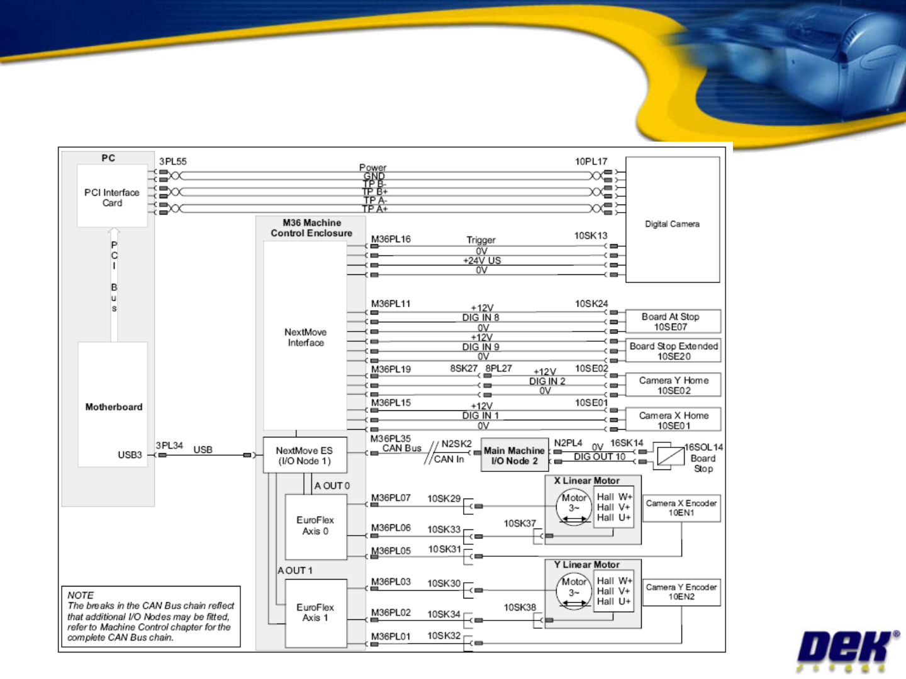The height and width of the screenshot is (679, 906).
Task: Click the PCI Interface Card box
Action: click(112, 196)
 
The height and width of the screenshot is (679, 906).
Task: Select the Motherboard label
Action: click(114, 407)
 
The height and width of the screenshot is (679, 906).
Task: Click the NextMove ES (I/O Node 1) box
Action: click(305, 456)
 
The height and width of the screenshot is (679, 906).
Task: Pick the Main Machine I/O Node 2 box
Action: click(514, 456)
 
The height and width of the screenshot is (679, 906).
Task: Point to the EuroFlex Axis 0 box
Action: click(316, 526)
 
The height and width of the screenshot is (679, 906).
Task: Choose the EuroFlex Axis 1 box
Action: click(316, 613)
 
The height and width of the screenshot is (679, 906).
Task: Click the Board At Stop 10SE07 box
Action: click(673, 322)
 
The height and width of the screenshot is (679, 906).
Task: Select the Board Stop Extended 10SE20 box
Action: click(673, 351)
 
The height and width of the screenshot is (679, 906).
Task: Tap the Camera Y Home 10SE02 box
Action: click(673, 385)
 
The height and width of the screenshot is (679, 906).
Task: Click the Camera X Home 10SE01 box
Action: click(673, 420)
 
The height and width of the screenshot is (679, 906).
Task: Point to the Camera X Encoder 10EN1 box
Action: click(681, 508)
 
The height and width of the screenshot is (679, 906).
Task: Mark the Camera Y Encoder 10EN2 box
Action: click(681, 592)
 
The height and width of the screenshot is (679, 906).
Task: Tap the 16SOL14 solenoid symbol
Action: click(670, 454)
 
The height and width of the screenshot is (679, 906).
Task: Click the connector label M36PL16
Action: click(391, 239)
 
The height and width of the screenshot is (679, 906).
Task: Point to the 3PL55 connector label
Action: click(173, 162)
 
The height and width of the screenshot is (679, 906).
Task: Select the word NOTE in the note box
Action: click(81, 595)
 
